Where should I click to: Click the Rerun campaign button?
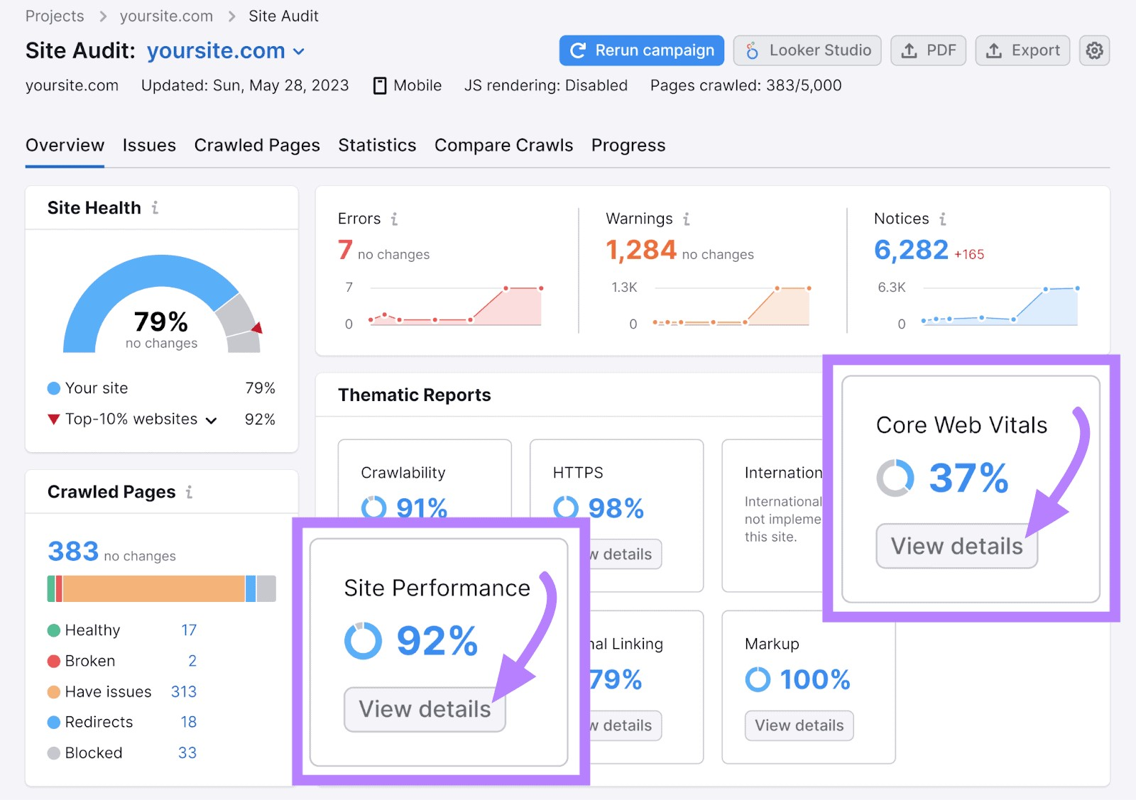[x=641, y=50]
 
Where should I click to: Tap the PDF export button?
[x=928, y=50]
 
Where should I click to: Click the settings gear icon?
[x=1094, y=50]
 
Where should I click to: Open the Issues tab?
[x=149, y=146]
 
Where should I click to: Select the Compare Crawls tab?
[x=503, y=146]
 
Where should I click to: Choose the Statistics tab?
[x=377, y=146]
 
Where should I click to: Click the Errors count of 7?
[x=345, y=250]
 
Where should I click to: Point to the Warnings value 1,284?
[x=640, y=250]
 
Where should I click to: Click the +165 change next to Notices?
[x=969, y=254]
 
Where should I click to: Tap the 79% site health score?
[x=161, y=322]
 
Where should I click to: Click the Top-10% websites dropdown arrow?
[x=211, y=420]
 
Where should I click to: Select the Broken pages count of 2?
[x=192, y=661]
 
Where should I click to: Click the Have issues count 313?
[x=183, y=691]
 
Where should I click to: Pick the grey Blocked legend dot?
[x=54, y=753]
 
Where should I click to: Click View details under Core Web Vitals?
[x=956, y=546]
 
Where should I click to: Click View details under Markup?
[x=799, y=725]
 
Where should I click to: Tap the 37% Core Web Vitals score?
[x=968, y=478]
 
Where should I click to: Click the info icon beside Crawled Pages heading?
[x=189, y=492]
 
